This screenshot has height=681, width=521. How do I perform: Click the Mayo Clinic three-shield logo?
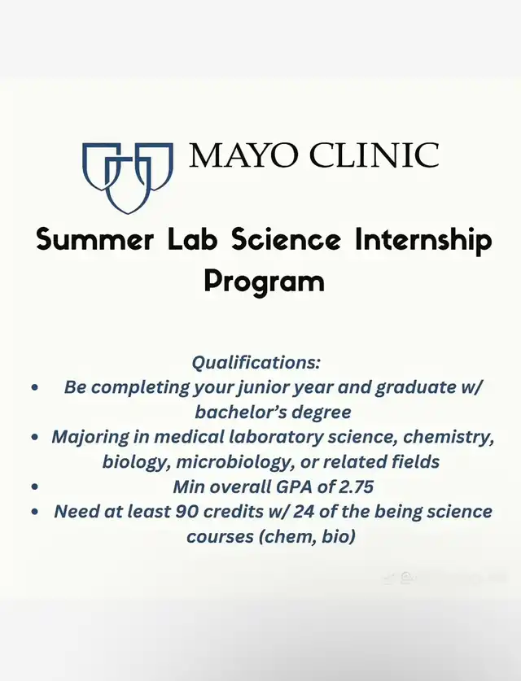tap(128, 177)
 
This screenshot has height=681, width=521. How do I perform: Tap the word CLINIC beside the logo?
tap(374, 155)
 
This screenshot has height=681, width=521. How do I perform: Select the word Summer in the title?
tap(94, 240)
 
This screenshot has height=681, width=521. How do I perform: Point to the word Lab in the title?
tap(192, 239)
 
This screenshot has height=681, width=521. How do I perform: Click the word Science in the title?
tap(286, 239)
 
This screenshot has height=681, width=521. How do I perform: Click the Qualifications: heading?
tap(256, 362)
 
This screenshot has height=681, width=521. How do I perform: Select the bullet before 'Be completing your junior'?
tap(35, 387)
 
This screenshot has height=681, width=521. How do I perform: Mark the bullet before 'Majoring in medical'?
tap(35, 437)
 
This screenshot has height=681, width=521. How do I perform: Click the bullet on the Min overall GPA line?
tap(35, 487)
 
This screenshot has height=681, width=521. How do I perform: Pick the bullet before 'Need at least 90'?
tap(35, 512)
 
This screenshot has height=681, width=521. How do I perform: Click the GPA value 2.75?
tap(356, 487)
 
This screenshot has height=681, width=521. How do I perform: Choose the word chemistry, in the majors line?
tap(449, 438)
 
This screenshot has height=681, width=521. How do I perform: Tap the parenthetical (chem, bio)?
tap(307, 537)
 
